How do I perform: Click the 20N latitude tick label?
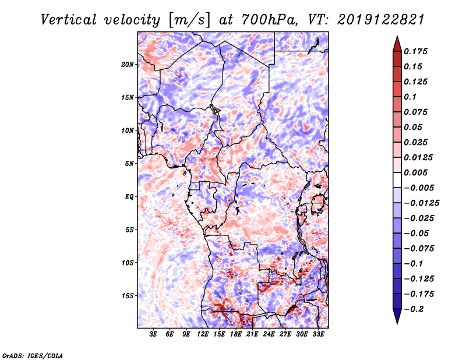(128, 65)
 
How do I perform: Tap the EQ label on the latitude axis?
(129, 197)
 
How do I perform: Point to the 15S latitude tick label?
(128, 296)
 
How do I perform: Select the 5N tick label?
(129, 164)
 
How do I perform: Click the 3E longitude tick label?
(153, 334)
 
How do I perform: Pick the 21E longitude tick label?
(252, 334)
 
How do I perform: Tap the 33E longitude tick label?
(318, 334)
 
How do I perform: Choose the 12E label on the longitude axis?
(202, 334)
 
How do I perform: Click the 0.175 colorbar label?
(416, 51)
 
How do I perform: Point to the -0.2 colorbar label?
(414, 309)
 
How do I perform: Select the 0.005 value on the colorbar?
(416, 172)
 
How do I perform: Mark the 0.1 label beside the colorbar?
(410, 97)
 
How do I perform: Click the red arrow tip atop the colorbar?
(397, 36)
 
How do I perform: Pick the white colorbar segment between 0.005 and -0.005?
(397, 180)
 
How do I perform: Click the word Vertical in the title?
(69, 20)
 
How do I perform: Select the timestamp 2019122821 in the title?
(381, 20)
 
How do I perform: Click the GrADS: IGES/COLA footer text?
(33, 355)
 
